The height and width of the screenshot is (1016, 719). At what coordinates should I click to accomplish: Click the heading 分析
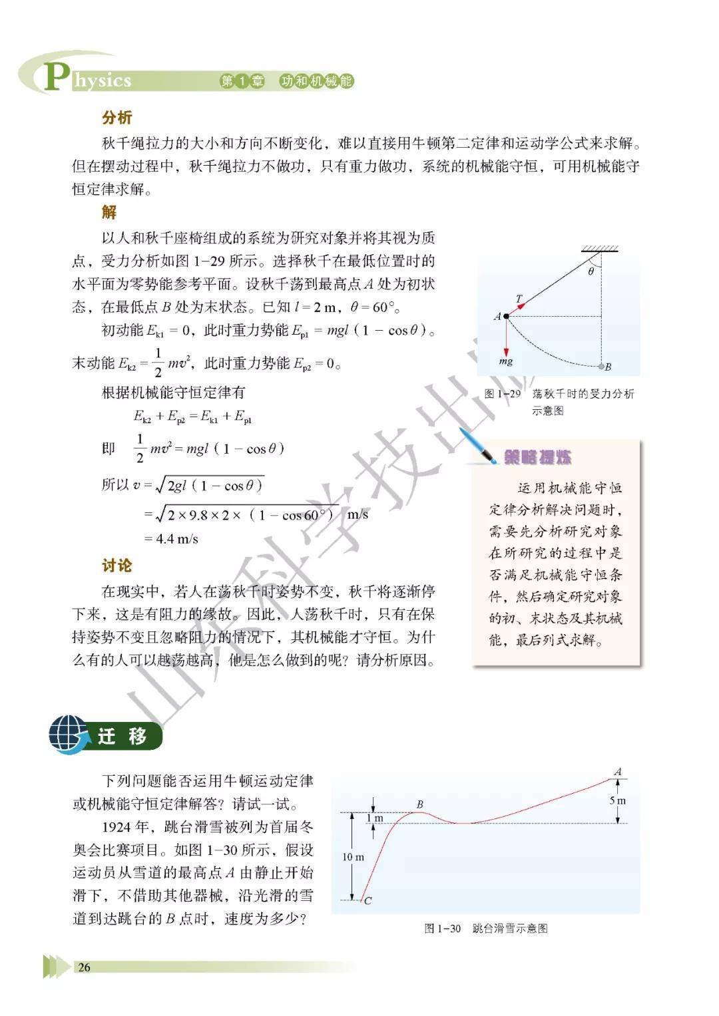coord(117,118)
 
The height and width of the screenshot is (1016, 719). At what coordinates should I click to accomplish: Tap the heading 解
coord(109,212)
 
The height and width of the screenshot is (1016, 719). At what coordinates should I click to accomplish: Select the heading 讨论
coord(117,566)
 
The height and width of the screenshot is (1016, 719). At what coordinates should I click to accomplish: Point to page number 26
coord(84,967)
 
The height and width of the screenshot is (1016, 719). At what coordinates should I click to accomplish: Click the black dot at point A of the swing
coord(506,316)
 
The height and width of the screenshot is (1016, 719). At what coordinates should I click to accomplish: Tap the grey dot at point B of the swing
coord(601,366)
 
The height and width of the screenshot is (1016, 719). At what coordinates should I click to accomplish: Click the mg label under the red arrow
coord(505,362)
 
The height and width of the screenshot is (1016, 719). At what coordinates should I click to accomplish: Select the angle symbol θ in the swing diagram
coord(590,271)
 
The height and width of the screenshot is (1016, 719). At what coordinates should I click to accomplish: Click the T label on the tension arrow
coord(519,299)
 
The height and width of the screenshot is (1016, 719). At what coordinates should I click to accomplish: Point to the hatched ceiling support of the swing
coord(600,250)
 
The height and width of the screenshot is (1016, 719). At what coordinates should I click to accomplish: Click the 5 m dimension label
coord(618,800)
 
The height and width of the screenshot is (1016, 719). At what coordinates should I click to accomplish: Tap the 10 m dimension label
coord(353,857)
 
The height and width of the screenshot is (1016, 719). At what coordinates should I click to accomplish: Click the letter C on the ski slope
coord(368,901)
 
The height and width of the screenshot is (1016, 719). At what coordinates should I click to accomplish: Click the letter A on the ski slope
coord(618,772)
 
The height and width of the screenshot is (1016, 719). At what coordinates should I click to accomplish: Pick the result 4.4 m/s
coord(176,538)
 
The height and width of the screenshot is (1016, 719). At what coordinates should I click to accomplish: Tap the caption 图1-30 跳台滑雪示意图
coord(485,928)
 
